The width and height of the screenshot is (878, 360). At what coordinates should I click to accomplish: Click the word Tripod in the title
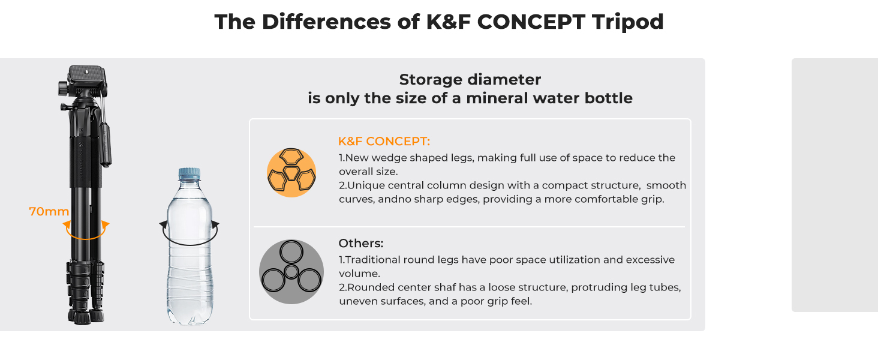pos(627,22)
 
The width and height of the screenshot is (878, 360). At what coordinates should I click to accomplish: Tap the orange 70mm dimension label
pos(49,211)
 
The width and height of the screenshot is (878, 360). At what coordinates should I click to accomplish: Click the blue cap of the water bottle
pos(190,174)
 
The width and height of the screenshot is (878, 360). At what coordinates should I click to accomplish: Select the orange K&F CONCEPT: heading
pos(384,141)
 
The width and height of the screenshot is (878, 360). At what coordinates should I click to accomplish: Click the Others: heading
pos(360,243)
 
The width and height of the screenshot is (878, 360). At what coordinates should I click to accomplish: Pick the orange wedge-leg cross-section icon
pos(291,173)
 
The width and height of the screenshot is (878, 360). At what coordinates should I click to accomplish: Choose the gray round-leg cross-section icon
pos(291,272)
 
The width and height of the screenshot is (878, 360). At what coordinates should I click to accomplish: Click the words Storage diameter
pos(470,80)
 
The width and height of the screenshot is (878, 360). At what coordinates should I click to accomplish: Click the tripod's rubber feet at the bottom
pos(86,316)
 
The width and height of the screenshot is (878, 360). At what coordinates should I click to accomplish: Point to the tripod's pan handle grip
pos(106,145)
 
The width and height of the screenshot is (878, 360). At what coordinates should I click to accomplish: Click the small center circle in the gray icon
pos(291,272)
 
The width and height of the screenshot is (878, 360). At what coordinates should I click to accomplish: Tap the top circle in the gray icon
pos(291,252)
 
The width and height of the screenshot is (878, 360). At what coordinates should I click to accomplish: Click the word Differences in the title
pos(326,22)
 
